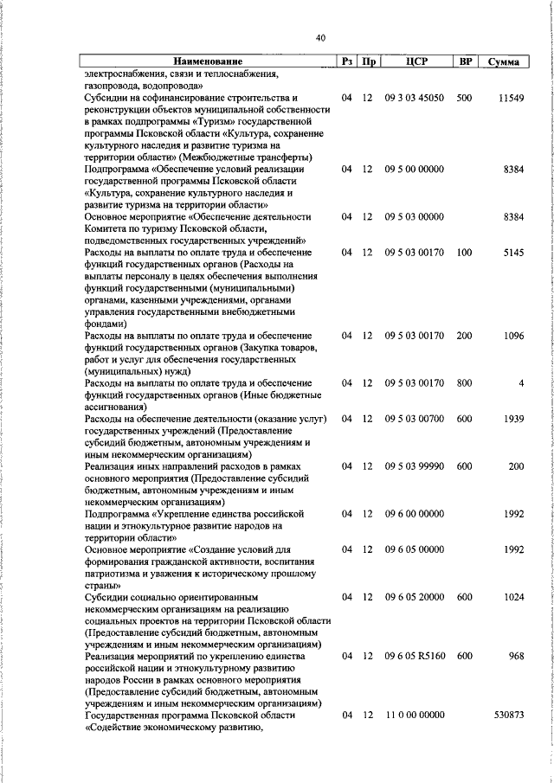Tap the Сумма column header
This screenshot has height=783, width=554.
503,62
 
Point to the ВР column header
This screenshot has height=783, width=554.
465,61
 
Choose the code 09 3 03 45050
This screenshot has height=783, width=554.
415,99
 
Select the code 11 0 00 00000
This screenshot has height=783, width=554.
415,716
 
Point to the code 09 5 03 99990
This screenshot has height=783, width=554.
415,465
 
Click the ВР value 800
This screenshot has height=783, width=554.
464,382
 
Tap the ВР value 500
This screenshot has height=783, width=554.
464,99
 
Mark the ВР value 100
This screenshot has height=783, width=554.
464,253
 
